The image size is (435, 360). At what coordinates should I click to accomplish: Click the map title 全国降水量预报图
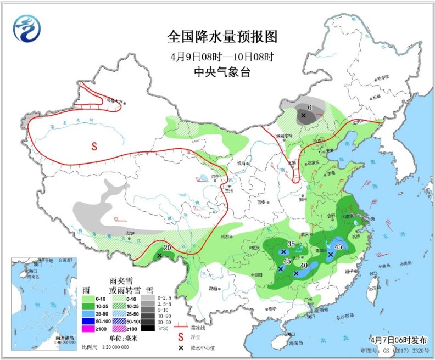click(222, 37)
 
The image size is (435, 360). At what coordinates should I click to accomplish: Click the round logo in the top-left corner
click(27, 28)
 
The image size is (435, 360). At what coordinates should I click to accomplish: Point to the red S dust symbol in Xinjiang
click(94, 146)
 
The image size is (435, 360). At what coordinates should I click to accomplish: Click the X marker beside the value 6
click(303, 115)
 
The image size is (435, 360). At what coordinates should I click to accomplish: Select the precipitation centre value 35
click(291, 244)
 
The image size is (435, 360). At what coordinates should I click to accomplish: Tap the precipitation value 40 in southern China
click(303, 266)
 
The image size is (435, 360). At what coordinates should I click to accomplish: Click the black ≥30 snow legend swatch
click(147, 329)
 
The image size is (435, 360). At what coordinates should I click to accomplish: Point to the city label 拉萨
click(130, 233)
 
